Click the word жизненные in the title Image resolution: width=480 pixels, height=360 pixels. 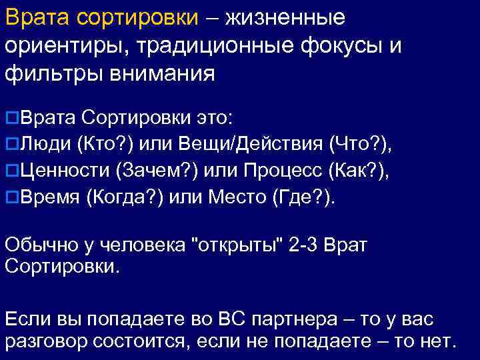(285, 17)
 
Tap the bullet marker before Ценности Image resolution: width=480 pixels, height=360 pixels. (12, 170)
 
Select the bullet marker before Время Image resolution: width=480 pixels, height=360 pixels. (12, 198)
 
